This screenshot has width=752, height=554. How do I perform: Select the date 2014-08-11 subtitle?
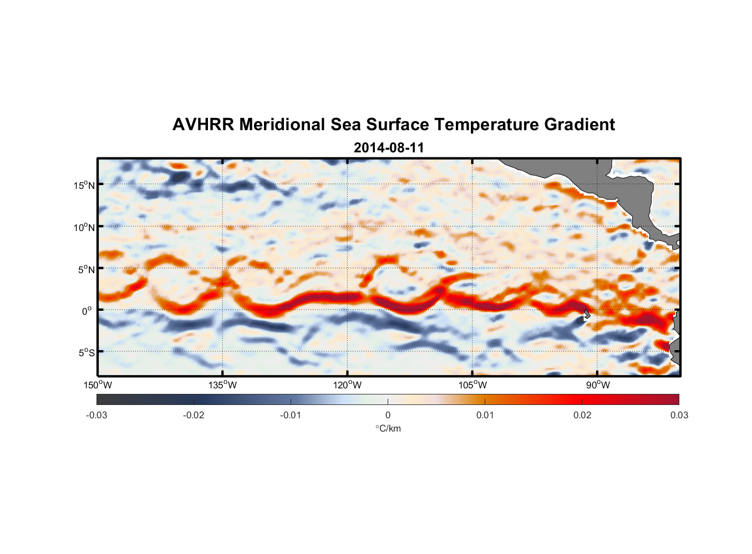pos(389,148)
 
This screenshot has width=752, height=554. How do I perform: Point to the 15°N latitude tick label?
pos(84,185)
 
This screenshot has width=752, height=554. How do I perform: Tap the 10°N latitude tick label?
pos(84,227)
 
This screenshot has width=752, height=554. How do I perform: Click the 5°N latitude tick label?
pos(86,269)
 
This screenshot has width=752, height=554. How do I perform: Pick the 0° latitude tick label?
pos(88,311)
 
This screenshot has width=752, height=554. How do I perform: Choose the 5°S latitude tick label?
pos(86,353)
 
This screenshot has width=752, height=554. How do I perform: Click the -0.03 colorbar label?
pos(96,416)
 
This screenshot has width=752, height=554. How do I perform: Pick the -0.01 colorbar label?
pos(291,416)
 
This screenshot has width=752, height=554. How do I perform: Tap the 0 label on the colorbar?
pos(388,416)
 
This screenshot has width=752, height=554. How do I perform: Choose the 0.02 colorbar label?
pos(582,416)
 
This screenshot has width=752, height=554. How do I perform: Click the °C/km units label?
pos(388,429)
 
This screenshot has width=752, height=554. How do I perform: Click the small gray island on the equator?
pos(587,314)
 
